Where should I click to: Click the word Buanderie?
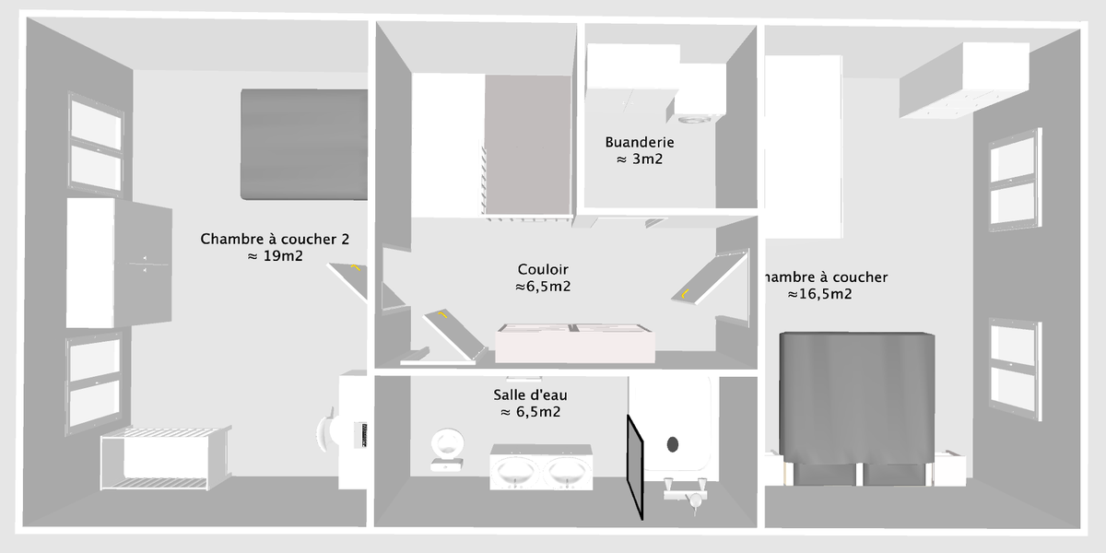[640, 142]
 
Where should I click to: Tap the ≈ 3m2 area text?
[640, 159]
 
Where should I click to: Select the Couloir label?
[543, 269]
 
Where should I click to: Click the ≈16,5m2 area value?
[819, 295]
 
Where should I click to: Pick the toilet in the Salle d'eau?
[449, 446]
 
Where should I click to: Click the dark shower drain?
[672, 444]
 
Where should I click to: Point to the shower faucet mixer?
[686, 496]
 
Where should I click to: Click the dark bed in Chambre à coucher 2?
[304, 144]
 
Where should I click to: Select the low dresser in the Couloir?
[575, 343]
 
